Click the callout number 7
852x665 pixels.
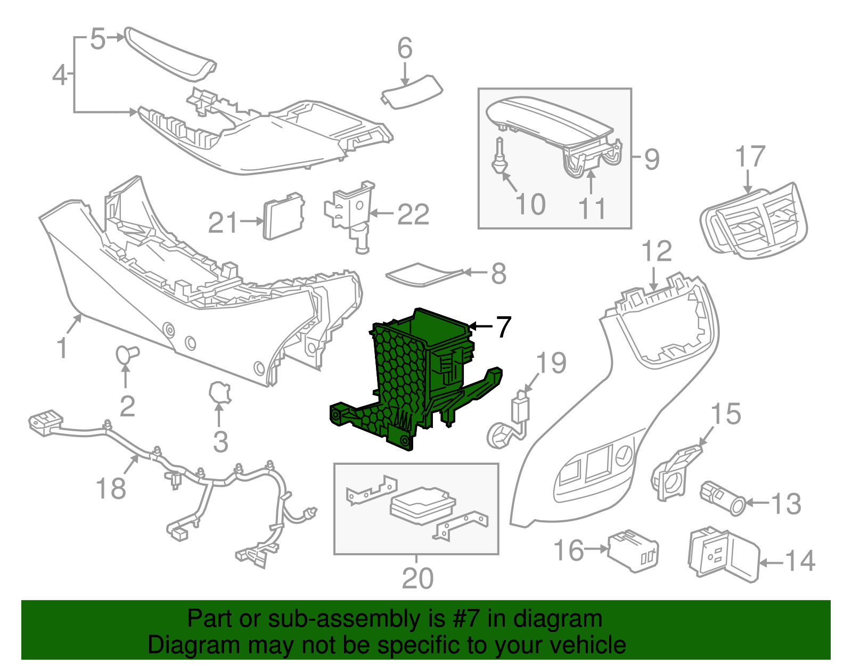click(503, 327)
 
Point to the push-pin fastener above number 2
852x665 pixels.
click(127, 354)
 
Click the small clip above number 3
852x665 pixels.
click(220, 393)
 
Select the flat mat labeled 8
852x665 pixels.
click(423, 274)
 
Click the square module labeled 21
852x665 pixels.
click(284, 217)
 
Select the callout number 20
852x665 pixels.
click(417, 578)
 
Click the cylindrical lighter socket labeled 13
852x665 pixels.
click(723, 497)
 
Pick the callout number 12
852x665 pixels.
click(657, 251)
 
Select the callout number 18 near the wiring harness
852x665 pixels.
click(111, 488)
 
